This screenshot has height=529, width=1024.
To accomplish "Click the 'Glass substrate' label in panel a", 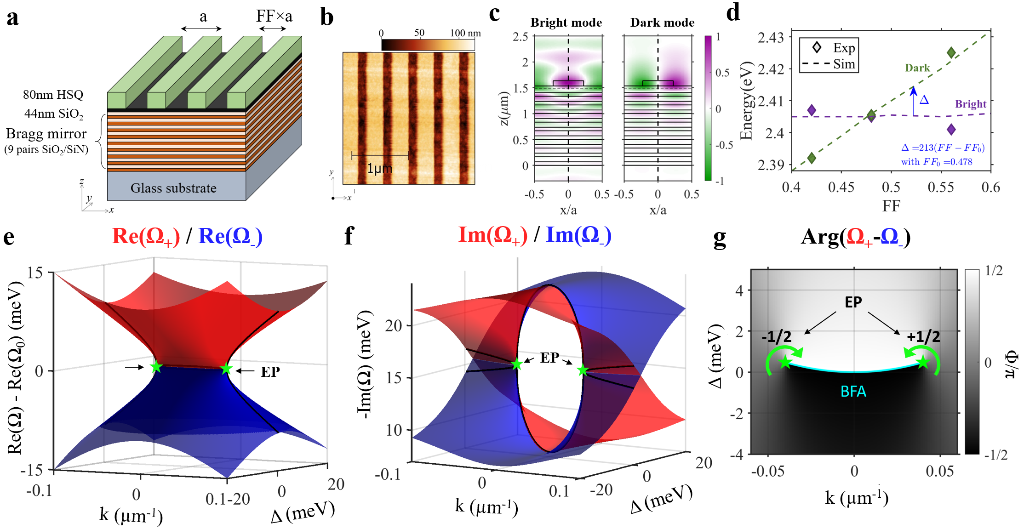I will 173,188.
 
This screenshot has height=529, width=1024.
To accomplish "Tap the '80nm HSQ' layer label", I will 53,95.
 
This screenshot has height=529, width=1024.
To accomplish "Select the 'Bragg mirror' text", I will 46,134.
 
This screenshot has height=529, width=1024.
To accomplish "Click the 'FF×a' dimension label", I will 274,17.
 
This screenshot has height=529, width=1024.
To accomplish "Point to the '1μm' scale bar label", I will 379,169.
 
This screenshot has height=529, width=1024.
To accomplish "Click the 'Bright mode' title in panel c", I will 566,23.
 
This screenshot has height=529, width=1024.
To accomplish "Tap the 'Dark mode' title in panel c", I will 662,23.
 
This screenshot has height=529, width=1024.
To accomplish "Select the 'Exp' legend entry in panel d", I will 844,48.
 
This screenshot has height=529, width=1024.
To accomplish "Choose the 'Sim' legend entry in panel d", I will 844,64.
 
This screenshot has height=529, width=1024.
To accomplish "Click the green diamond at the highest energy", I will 951,53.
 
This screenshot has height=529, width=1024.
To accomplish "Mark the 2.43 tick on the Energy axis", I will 771,37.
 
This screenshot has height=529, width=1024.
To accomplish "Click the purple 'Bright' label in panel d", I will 971,104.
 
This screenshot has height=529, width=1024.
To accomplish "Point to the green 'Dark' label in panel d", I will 917,68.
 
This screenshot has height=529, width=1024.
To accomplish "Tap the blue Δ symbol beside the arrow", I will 924,99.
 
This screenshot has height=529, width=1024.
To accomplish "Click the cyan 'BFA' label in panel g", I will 853,391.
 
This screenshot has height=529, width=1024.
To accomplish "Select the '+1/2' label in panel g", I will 923,337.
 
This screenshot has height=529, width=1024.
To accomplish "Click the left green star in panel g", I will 785,362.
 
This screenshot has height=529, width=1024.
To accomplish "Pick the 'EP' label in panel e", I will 270,372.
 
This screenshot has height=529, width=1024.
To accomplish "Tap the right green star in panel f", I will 583,370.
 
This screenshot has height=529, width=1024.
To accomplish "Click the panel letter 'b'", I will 326,17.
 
